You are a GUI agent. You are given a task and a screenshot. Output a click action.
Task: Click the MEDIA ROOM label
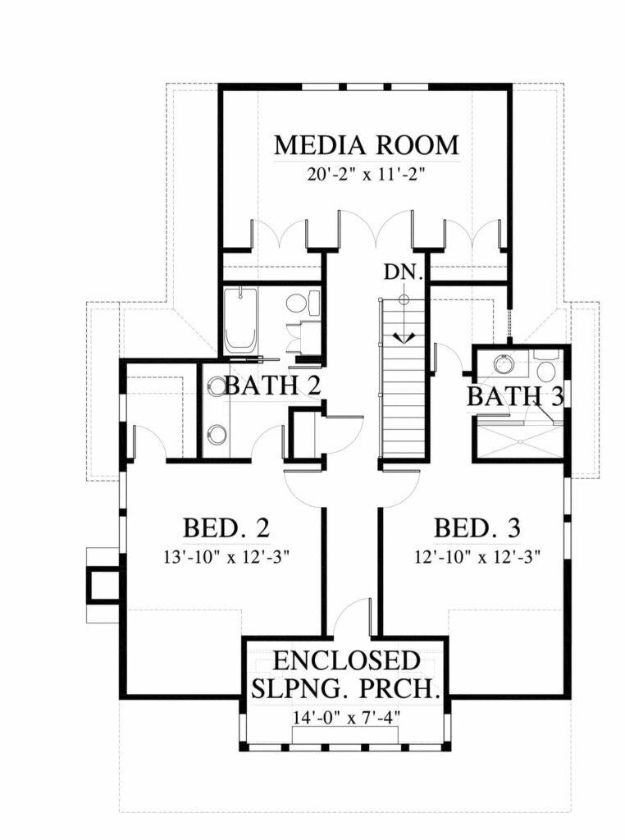coord(367,145)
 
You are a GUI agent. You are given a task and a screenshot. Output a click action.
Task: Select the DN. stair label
coord(404,272)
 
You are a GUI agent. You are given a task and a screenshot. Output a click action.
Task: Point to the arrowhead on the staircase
coord(404,337)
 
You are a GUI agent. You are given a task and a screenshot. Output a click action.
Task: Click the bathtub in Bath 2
coord(240,321)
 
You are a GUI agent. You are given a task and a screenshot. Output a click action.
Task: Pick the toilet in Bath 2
coord(299,304)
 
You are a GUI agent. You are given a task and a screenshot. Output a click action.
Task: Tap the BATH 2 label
coord(273,386)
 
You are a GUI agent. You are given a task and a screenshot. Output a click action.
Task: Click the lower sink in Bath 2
coord(216,434)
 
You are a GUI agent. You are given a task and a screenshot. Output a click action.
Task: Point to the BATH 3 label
coord(515,396)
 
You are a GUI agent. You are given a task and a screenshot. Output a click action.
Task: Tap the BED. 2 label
coord(226,527)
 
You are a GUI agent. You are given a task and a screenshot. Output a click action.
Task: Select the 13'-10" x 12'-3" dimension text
coord(226,558)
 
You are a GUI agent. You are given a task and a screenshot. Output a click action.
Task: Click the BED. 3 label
coord(477,527)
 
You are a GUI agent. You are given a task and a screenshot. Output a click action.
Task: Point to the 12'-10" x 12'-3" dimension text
coord(477,558)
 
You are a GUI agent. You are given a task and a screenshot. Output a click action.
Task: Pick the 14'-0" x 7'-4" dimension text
coord(346,717)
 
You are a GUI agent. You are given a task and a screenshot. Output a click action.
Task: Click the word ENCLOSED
coord(346,660)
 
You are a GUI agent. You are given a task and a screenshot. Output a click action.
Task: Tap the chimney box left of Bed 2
coord(103,585)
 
